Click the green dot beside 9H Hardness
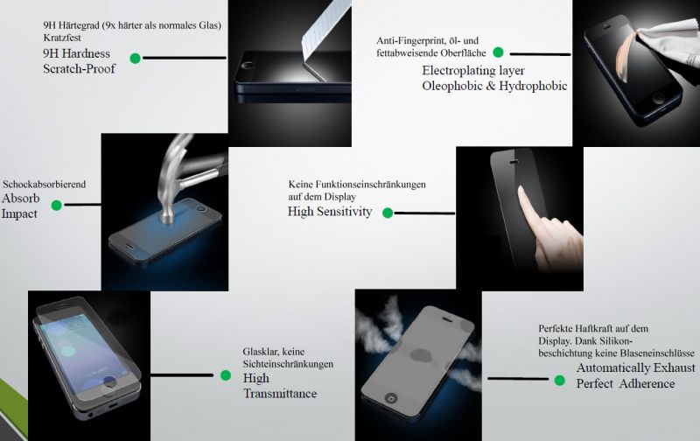point(135,59)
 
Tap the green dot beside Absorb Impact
point(57,206)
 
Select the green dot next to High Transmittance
point(225,375)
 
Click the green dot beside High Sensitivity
point(388,212)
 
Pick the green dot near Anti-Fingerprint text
point(498,52)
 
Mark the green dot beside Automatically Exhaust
point(560,380)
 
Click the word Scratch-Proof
point(80,69)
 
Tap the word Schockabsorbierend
point(45,185)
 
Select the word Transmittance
point(280,394)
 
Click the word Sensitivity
point(344,212)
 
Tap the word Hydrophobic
point(534,86)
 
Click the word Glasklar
point(261,351)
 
